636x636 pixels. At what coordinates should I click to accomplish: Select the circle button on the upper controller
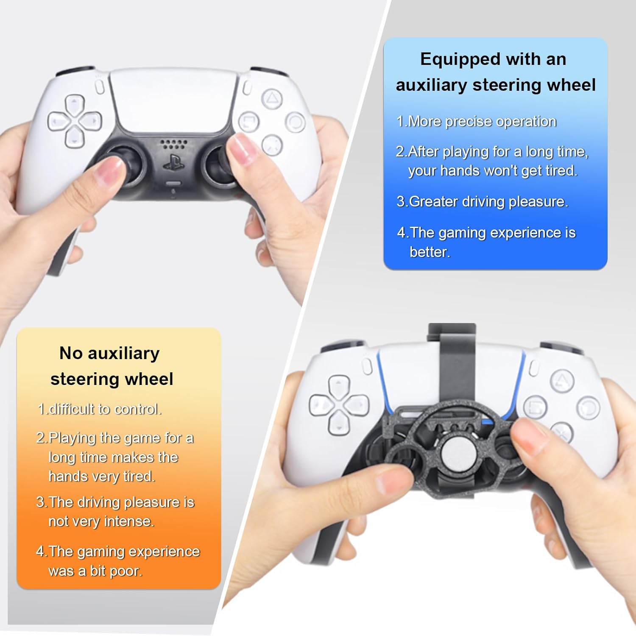tap(295, 123)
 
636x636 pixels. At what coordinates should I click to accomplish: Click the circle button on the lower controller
tap(589, 407)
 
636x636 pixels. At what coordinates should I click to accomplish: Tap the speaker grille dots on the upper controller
tap(173, 144)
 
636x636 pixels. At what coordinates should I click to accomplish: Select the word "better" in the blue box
tap(430, 252)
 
